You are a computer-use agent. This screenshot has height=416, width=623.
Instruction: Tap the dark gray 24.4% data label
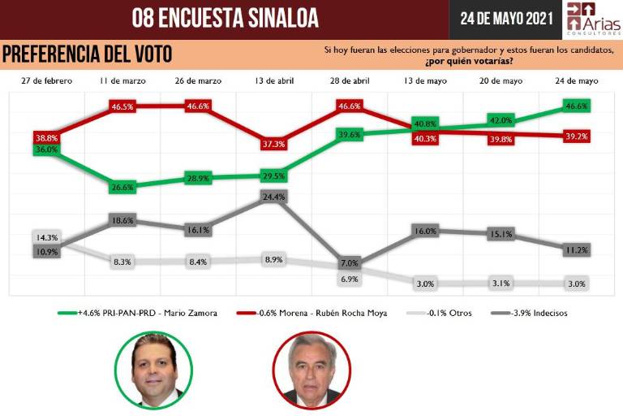point(274,197)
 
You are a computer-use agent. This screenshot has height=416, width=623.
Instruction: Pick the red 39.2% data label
point(577,136)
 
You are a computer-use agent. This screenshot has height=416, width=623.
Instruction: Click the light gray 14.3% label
point(46,237)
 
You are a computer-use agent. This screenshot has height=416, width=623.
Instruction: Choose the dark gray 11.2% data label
point(577,250)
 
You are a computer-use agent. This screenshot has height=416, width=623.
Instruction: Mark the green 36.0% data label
point(46,149)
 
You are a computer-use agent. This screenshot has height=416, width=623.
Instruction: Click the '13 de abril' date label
point(273,81)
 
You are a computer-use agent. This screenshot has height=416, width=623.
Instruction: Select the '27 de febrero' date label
point(46,81)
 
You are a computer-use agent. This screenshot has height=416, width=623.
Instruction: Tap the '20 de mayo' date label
point(501,81)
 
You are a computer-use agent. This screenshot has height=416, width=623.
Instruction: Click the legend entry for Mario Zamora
point(137,313)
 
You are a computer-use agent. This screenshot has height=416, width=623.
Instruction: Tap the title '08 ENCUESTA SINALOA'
point(225,18)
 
